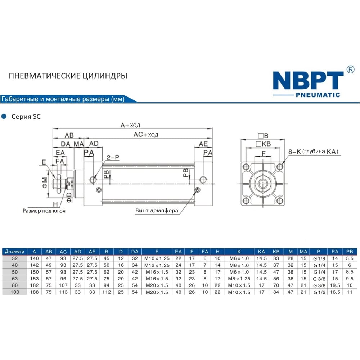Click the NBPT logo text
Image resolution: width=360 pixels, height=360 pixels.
click(308, 80)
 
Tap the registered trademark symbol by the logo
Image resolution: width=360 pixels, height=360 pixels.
click(350, 69)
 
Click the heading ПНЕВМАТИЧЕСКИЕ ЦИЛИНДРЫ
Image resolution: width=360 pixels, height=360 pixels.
click(68, 76)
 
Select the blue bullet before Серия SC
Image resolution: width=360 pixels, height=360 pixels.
click(4, 116)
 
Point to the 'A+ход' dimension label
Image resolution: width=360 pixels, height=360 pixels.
click(130, 125)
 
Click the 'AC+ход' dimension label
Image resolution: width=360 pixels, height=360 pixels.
click(146, 134)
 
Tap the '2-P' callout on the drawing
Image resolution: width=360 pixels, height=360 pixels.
click(113, 157)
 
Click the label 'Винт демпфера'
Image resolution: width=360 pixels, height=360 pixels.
click(157, 210)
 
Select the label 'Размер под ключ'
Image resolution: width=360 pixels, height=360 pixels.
click(44, 211)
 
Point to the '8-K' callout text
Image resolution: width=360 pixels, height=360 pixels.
click(294, 152)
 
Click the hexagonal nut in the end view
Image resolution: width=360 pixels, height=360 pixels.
click(263, 184)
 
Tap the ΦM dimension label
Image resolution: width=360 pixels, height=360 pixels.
click(45, 183)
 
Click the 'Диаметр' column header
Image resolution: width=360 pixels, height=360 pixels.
click(14, 251)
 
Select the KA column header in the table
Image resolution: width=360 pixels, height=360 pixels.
click(261, 252)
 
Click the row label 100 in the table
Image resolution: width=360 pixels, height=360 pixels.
click(15, 292)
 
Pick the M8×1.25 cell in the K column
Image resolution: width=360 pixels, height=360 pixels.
click(239, 279)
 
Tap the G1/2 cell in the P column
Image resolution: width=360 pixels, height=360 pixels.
click(319, 292)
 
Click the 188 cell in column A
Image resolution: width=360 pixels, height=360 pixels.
click(34, 292)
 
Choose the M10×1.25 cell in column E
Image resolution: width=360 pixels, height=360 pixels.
click(157, 258)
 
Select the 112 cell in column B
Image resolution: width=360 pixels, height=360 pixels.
click(107, 292)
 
